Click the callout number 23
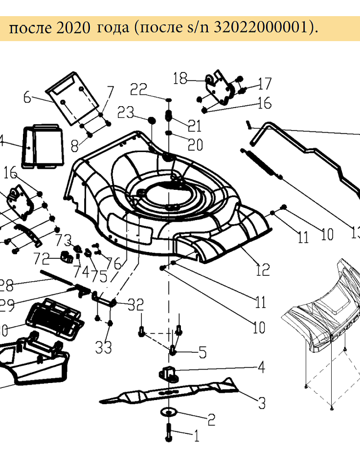coord(126,112)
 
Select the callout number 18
coord(180,79)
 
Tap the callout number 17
coord(265,84)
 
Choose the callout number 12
coord(263,270)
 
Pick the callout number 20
coord(195,144)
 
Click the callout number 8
coord(74,145)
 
